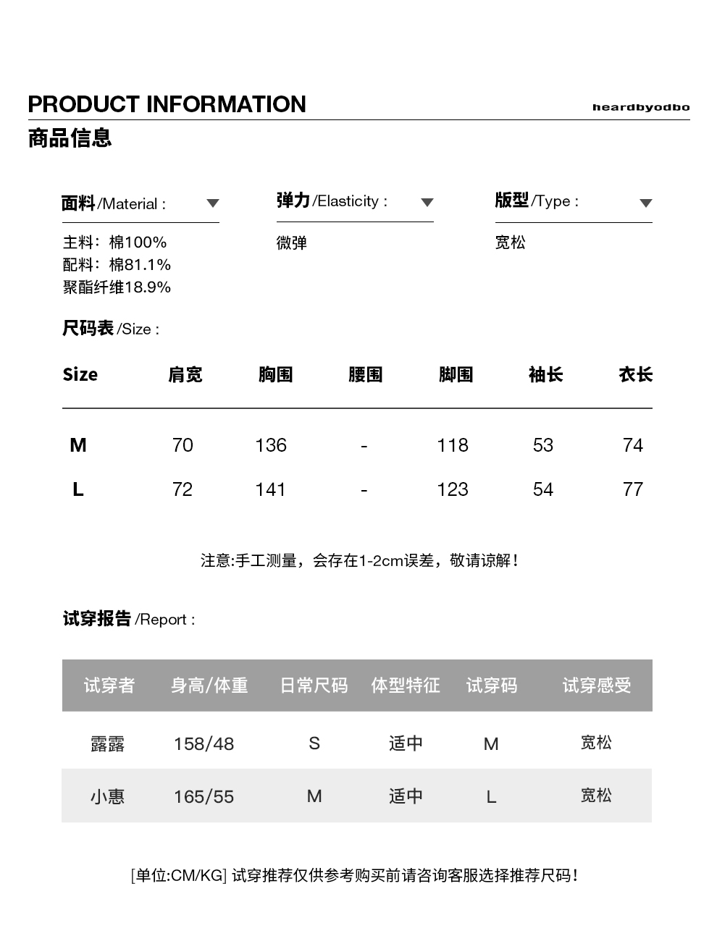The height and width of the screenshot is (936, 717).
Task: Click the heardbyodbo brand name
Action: [x=640, y=107]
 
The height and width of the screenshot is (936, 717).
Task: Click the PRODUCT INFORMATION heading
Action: [x=167, y=104]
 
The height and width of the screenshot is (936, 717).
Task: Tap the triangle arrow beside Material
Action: [x=212, y=203]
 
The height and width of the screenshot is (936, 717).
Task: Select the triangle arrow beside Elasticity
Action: [x=427, y=203]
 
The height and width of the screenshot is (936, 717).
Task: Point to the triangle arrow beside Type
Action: [x=645, y=203]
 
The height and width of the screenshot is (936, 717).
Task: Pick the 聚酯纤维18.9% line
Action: [x=117, y=287]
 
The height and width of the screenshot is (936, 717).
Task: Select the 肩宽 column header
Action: [x=185, y=374]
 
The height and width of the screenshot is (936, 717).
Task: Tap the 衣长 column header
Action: [x=635, y=374]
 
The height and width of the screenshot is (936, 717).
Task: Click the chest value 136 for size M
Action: [x=271, y=445]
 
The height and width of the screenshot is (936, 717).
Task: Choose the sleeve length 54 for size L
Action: [x=542, y=489]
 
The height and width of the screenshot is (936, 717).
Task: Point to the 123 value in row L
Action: [x=452, y=489]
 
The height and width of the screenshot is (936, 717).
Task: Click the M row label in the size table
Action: [x=78, y=445]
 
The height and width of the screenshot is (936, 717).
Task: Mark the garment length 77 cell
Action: [x=632, y=489]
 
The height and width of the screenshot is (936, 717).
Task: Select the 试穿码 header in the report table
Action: [x=491, y=685]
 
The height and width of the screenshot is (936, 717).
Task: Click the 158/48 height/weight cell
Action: [x=204, y=743]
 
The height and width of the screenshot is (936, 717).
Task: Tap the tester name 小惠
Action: [x=107, y=796]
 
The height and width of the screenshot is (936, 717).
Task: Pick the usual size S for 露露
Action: [x=314, y=743]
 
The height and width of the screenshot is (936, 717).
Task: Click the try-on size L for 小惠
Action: [x=491, y=797]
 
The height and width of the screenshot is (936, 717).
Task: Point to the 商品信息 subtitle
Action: [x=70, y=138]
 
